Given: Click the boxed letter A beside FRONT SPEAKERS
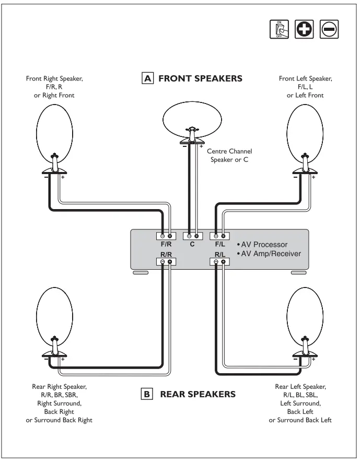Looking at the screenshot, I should coord(148,78).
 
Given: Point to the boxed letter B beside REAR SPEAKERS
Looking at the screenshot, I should coord(148,394).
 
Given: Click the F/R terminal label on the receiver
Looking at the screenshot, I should coord(166,244).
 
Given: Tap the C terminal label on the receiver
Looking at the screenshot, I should coord(192,244).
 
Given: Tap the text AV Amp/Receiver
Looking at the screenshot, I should coord(269,254).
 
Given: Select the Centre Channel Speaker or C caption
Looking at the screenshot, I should coord(229,155).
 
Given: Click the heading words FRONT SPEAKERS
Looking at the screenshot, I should coord(200,78).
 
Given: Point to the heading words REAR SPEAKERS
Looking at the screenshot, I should coord(198,394).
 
